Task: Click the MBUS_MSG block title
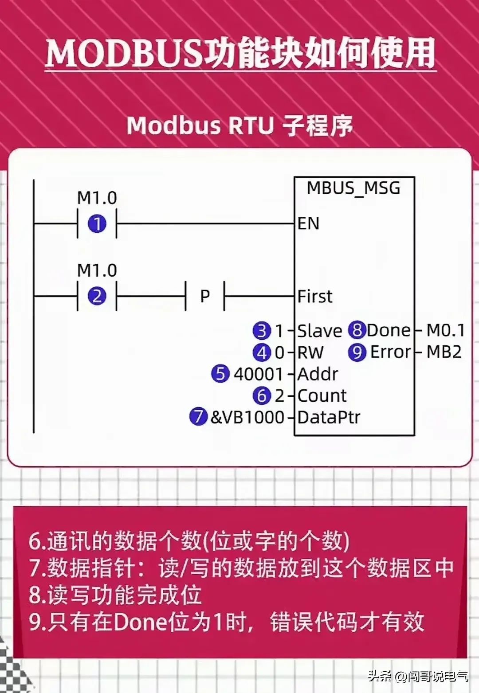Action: (353, 188)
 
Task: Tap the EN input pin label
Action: (308, 223)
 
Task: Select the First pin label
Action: (314, 296)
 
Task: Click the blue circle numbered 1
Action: (97, 224)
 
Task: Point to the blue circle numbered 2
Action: (97, 296)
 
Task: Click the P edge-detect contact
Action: (205, 296)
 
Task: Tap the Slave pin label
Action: (319, 331)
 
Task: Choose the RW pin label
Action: (310, 352)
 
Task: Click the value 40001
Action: (258, 374)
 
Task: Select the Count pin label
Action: (322, 395)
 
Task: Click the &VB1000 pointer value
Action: (247, 417)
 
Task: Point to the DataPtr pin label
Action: (329, 417)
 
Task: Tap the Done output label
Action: (389, 330)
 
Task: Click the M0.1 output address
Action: (445, 330)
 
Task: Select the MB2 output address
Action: (444, 352)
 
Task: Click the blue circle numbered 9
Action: (357, 352)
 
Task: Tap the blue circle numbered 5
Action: (220, 374)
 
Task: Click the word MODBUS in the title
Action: (123, 54)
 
